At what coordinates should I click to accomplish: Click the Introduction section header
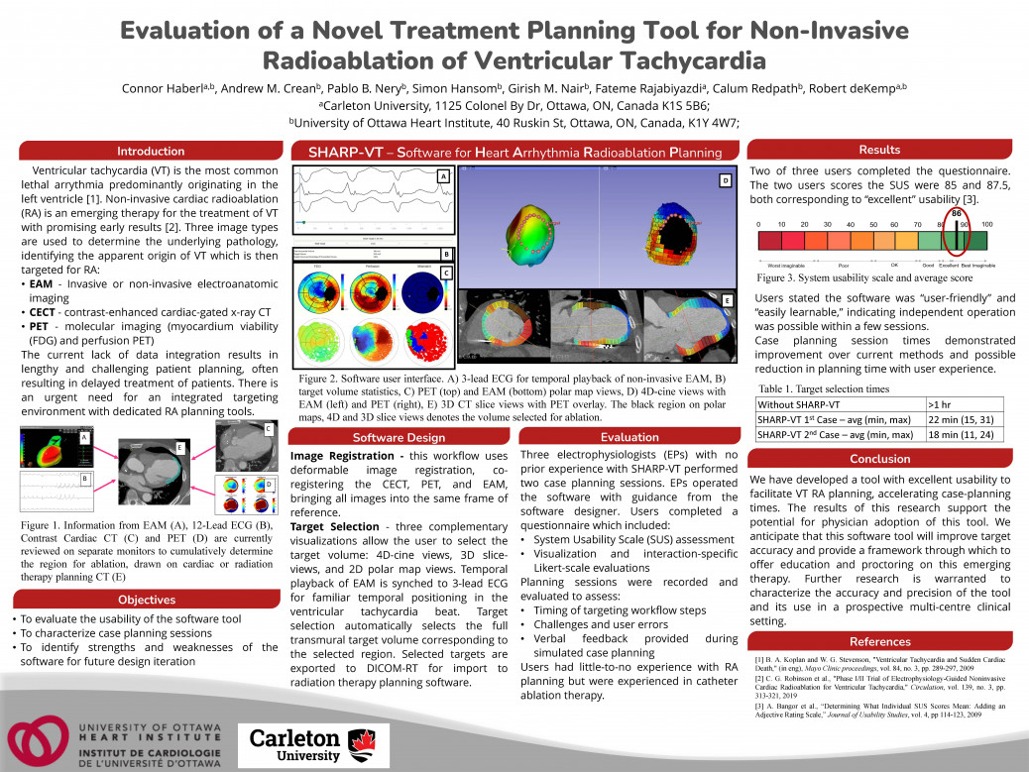[150, 152]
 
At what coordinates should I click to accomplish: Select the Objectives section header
[146, 600]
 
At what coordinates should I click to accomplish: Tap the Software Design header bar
[399, 437]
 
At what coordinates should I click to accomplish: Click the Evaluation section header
[629, 437]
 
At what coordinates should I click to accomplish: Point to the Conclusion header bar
[878, 459]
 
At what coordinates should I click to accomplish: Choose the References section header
[878, 642]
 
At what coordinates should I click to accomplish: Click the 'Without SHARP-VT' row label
[800, 404]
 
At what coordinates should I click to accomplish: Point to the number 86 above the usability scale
[957, 213]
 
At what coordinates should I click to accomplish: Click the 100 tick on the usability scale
[986, 225]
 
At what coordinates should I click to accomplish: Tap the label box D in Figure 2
[725, 180]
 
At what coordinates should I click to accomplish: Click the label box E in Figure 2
[727, 299]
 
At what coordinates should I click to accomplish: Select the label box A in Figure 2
[443, 176]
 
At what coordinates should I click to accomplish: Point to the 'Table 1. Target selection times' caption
[823, 389]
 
